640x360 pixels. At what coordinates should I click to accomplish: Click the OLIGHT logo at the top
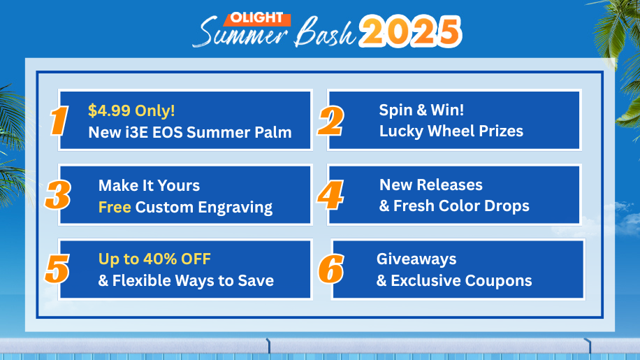point(256,18)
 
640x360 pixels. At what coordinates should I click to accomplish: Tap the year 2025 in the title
point(410,31)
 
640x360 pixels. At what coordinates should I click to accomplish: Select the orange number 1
point(59,120)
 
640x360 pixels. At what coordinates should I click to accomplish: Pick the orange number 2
point(330,121)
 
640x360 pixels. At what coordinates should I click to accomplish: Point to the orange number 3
point(58,196)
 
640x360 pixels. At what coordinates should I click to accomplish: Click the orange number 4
point(330,195)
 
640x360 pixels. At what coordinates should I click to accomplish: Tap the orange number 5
point(57,269)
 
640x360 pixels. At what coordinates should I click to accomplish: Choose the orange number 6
point(331,269)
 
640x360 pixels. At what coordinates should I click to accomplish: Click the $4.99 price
point(110,110)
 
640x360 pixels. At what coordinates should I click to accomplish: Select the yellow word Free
point(115,207)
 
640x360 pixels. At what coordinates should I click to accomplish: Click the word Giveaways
point(416,259)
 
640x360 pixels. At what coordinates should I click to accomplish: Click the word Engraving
point(235,208)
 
